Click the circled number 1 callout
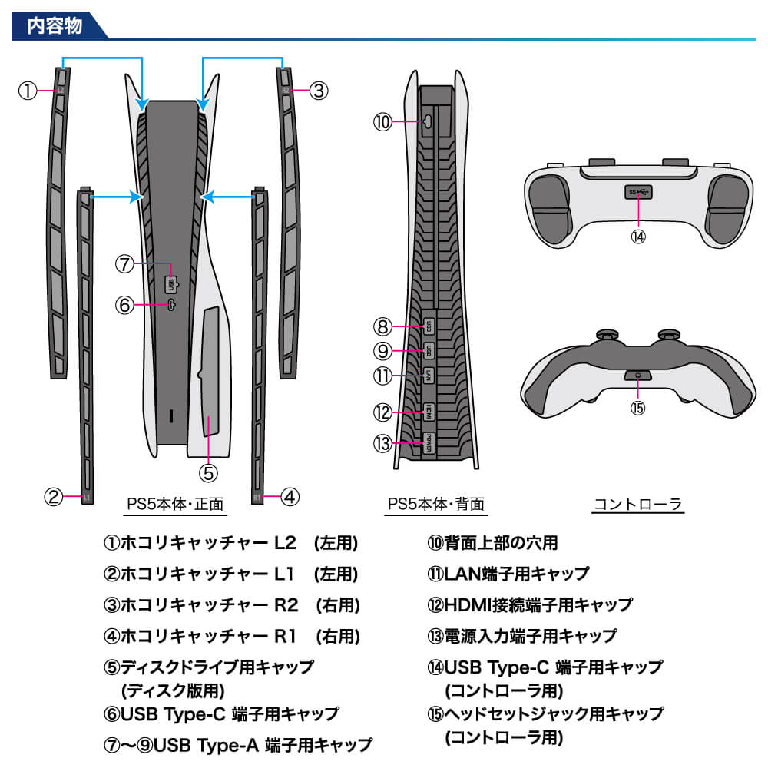point(28,91)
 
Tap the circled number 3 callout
point(319,91)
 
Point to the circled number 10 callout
point(382,121)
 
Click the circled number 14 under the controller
point(638,237)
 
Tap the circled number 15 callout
point(638,408)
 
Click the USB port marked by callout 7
point(170,283)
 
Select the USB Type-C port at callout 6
point(171,305)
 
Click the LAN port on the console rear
point(429,376)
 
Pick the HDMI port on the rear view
point(429,412)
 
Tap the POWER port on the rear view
point(429,443)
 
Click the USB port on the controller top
point(638,191)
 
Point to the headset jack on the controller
point(638,376)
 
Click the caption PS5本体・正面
point(175,505)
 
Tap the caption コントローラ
point(637,505)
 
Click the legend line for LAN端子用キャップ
point(508,574)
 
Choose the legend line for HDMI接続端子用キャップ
point(530,605)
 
